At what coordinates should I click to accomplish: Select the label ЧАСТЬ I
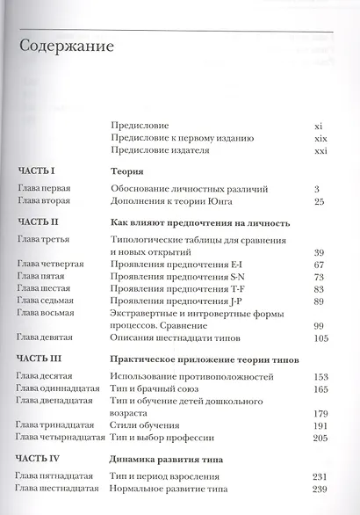click(36, 172)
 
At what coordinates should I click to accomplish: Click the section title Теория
click(126, 172)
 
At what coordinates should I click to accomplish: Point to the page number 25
click(319, 201)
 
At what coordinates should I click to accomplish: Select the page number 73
click(319, 276)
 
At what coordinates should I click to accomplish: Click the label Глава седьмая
click(46, 301)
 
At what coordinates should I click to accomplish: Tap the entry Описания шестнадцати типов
click(172, 337)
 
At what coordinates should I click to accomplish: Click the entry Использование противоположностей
click(186, 376)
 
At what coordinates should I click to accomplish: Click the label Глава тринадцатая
click(53, 425)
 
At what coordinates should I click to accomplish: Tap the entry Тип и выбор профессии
click(160, 438)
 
